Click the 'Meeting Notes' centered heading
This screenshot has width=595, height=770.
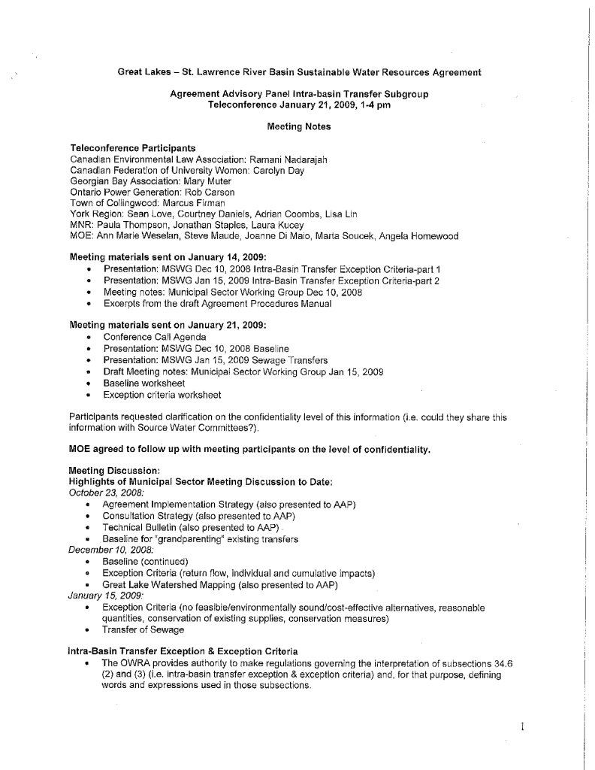click(x=298, y=127)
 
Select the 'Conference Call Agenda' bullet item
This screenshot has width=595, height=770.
click(x=155, y=338)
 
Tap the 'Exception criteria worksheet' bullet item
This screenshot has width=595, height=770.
click(x=162, y=395)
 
